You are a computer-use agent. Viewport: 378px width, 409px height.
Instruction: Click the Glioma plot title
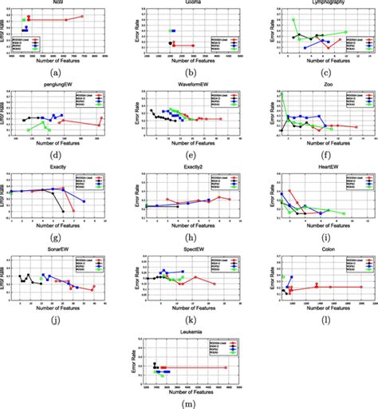pyautogui.click(x=188, y=3)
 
